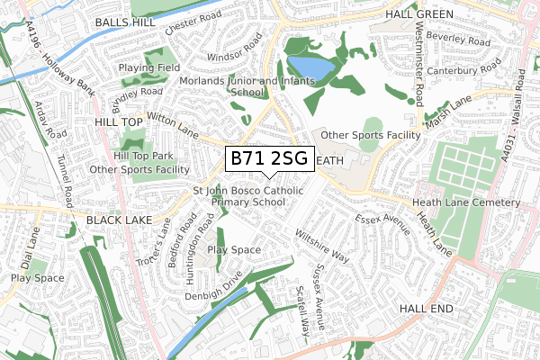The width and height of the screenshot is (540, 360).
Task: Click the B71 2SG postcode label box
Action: click(269, 159)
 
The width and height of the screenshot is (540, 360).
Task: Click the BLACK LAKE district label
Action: click(121, 219)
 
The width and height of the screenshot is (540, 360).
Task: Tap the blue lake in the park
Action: click(310, 68)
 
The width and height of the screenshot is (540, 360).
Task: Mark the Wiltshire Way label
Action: click(321, 246)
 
